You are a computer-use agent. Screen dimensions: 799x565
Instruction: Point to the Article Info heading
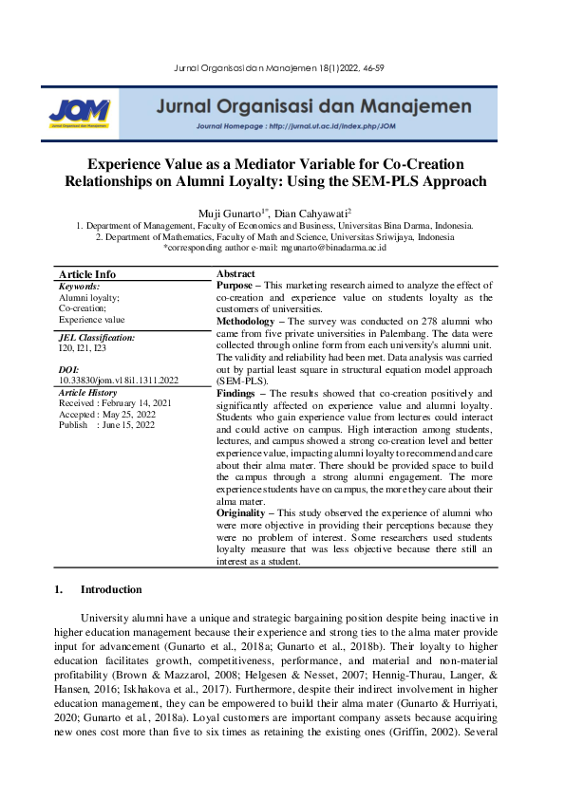pyautogui.click(x=86, y=274)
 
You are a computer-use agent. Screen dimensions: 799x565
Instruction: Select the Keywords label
pyautogui.click(x=79, y=286)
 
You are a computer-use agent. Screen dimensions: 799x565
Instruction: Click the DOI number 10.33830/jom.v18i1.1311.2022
pyautogui.click(x=118, y=380)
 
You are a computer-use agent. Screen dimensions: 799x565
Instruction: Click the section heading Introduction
pyautogui.click(x=111, y=589)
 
